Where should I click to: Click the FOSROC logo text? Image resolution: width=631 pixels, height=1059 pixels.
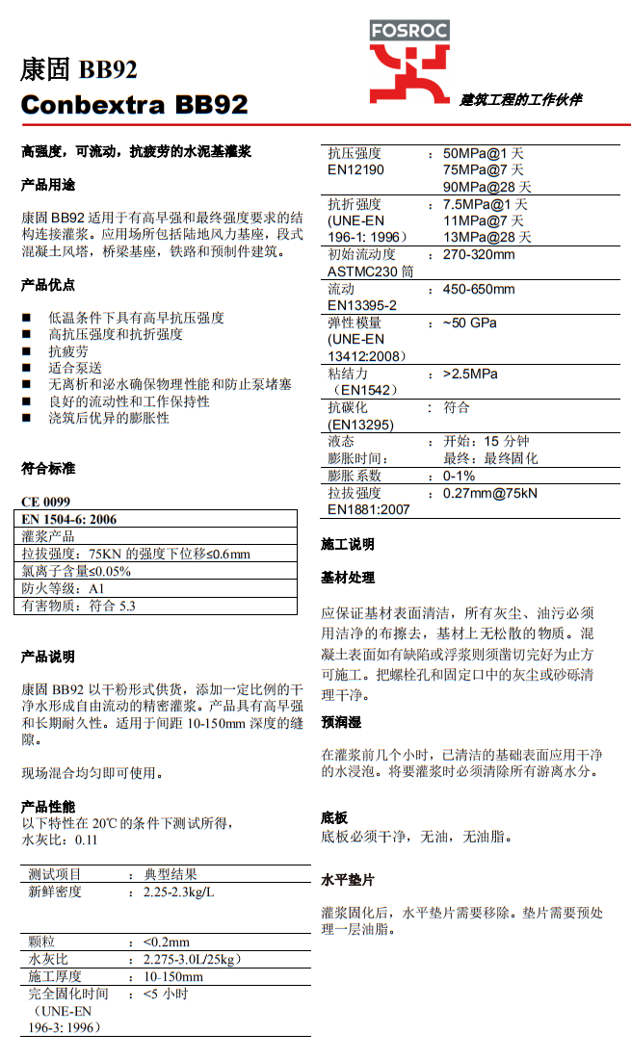tap(409, 31)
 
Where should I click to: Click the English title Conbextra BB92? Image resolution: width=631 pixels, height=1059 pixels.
tap(134, 104)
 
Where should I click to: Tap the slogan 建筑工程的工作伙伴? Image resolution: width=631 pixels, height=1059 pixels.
tap(520, 99)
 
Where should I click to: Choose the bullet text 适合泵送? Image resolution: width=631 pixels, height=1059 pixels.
tap(75, 367)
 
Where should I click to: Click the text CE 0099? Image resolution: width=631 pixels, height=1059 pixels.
tap(45, 503)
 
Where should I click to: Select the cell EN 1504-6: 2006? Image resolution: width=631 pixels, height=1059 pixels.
tap(68, 520)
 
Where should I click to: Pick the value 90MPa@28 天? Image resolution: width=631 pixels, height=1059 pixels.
tap(486, 187)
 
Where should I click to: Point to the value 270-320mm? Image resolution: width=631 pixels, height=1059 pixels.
tap(479, 255)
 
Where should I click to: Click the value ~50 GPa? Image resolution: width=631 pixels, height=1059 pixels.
tap(470, 323)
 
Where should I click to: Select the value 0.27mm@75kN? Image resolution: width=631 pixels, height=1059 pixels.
tap(490, 493)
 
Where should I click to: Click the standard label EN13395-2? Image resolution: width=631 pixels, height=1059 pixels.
tap(362, 305)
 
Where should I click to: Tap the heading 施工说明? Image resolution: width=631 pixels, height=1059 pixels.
tap(347, 545)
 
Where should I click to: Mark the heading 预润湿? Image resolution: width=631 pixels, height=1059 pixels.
tap(341, 722)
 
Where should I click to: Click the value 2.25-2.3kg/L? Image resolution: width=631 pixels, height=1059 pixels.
tap(178, 891)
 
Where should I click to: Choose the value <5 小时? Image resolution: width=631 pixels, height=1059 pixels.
tap(165, 994)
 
